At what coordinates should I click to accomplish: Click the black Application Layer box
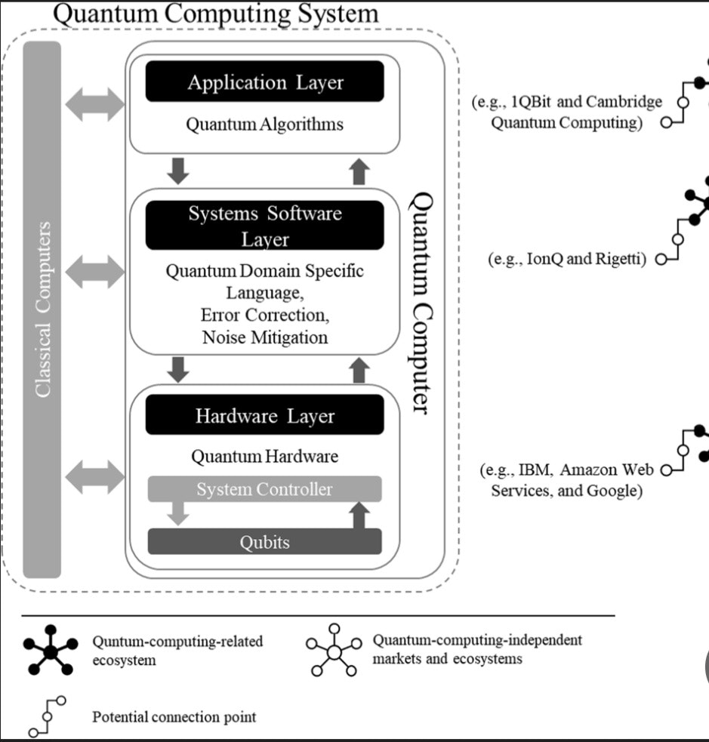pos(264,82)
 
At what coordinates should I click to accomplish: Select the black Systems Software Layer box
pos(264,226)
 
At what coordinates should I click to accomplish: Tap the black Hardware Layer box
pos(264,416)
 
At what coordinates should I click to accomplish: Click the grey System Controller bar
pos(264,489)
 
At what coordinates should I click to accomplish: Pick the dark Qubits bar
pos(264,542)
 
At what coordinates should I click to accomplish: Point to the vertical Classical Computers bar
pos(42,309)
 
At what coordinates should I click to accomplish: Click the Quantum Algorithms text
pos(264,125)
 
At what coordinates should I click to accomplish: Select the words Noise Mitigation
pos(265,337)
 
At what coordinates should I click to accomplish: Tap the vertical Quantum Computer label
pos(424,302)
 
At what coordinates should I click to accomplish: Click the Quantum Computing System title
pos(216,13)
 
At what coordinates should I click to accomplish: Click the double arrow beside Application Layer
pos(94,103)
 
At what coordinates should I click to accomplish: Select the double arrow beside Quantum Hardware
pos(94,476)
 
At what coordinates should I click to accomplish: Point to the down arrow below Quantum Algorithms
pos(178,171)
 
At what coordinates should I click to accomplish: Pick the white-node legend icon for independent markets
pos(333,650)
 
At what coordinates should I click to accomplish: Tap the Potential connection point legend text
pos(174,716)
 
